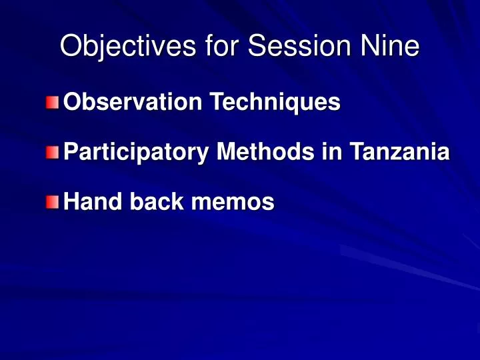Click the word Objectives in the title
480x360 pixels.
128,45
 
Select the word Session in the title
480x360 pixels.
299,45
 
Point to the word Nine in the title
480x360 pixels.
390,45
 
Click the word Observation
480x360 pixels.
133,101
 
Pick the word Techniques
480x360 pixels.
275,102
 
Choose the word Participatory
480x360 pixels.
136,152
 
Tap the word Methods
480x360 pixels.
266,151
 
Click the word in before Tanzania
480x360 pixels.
332,151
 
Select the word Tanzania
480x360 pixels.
400,151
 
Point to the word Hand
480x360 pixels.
93,201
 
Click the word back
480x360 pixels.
157,201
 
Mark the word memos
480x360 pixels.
233,203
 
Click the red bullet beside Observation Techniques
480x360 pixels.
53,103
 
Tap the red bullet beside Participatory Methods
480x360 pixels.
53,153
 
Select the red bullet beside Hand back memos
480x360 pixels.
53,203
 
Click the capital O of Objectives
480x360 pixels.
72,45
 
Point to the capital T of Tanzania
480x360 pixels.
358,151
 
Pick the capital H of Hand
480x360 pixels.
72,201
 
